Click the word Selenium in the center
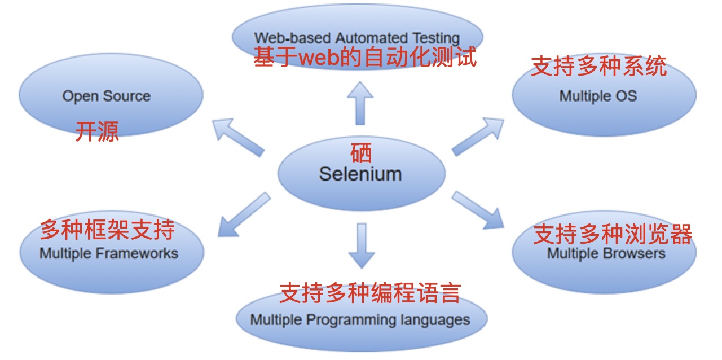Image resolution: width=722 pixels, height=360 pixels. pyautogui.click(x=360, y=173)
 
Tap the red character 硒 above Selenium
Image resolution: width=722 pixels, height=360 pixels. pyautogui.click(x=361, y=152)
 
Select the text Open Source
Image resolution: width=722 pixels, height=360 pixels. pyautogui.click(x=106, y=96)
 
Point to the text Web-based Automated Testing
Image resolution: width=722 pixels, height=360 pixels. pyautogui.click(x=356, y=38)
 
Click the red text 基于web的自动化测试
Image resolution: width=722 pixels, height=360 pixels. pyautogui.click(x=365, y=58)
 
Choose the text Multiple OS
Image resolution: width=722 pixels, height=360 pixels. pyautogui.click(x=598, y=96)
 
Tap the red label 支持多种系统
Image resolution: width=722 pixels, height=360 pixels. pyautogui.click(x=598, y=67)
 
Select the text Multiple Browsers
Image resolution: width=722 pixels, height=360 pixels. pyautogui.click(x=606, y=253)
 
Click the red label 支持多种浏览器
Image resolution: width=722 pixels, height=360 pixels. pyautogui.click(x=613, y=234)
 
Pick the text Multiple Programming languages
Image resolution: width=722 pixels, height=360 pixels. pyautogui.click(x=360, y=320)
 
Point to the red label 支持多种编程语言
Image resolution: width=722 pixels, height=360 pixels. pyautogui.click(x=370, y=292)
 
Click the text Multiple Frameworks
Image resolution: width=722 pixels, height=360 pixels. pyautogui.click(x=109, y=253)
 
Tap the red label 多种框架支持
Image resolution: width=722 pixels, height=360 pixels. pyautogui.click(x=107, y=230)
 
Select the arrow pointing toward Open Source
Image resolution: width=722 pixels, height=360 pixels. pyautogui.click(x=238, y=136)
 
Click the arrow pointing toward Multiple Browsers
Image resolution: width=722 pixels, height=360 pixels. pyautogui.click(x=477, y=210)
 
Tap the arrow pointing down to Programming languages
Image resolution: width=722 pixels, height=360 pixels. pyautogui.click(x=362, y=245)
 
